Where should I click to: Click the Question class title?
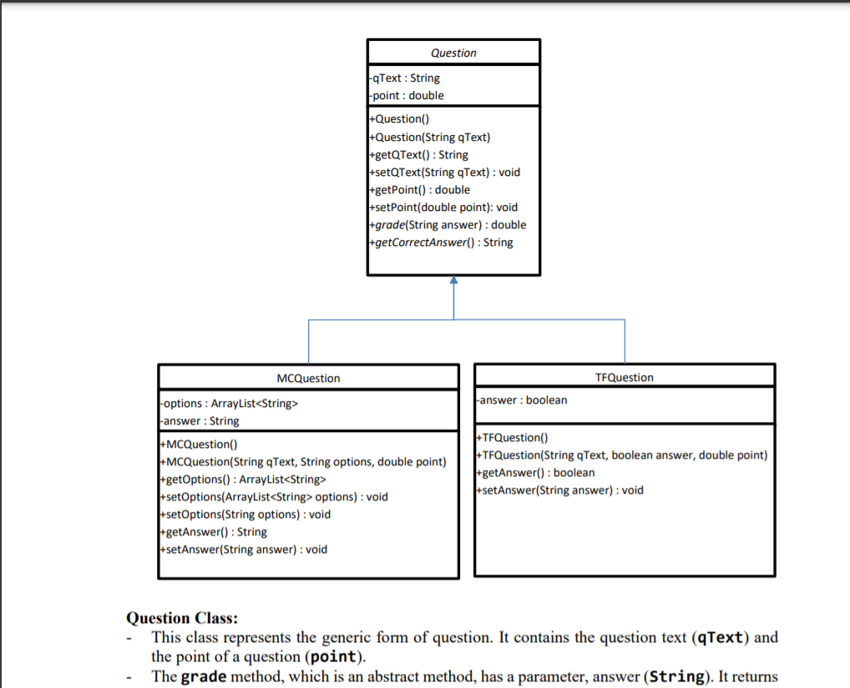click(x=453, y=53)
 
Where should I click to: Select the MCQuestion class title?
click(x=308, y=378)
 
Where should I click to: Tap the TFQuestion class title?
click(x=625, y=377)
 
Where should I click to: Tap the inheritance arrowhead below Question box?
click(x=454, y=281)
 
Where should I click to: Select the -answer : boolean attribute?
click(x=522, y=399)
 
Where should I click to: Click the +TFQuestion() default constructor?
click(x=512, y=437)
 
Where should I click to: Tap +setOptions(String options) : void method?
click(x=245, y=514)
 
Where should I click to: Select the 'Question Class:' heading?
click(x=181, y=618)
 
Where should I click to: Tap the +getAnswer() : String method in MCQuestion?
click(x=213, y=531)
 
